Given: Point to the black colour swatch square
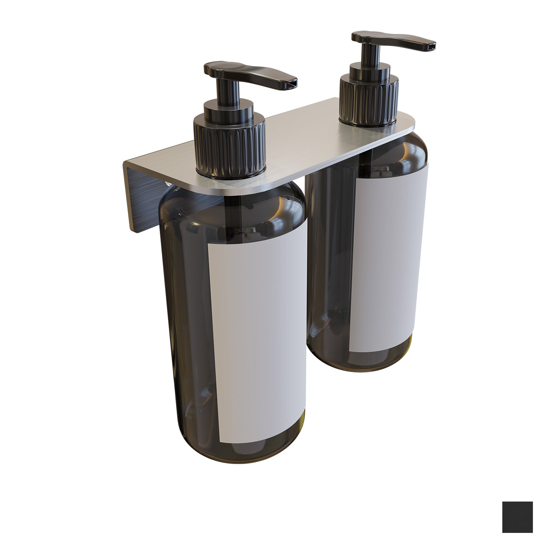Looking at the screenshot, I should click(517, 517).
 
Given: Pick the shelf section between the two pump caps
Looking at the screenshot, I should click(302, 140).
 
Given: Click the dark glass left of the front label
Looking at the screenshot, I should click(184, 313).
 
